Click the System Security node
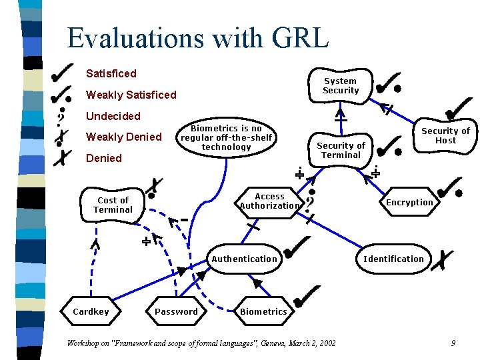pos(341,86)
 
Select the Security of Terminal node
pos(341,150)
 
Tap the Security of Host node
pos(445,135)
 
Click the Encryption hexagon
pos(409,202)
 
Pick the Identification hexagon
pos(393,259)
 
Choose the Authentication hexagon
pos(244,259)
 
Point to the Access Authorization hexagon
pos(269,201)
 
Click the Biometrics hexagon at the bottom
pos(263,311)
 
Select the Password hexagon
pos(176,311)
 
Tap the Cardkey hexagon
pos(91,311)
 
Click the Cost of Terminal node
pos(113,205)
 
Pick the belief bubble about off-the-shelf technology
pos(226,137)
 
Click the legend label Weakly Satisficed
pos(131,95)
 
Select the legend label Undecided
pos(113,116)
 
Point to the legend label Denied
pos(104,158)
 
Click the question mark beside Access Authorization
pos(309,200)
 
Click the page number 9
pos(453,343)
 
